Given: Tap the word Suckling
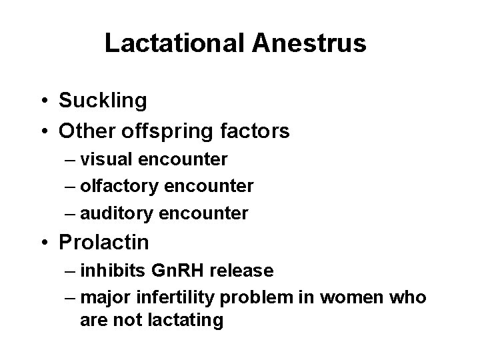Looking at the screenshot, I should [x=103, y=101].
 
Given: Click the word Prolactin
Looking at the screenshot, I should [x=103, y=241].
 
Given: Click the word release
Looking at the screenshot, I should [x=245, y=270].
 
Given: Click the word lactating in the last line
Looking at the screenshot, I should [x=189, y=320].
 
